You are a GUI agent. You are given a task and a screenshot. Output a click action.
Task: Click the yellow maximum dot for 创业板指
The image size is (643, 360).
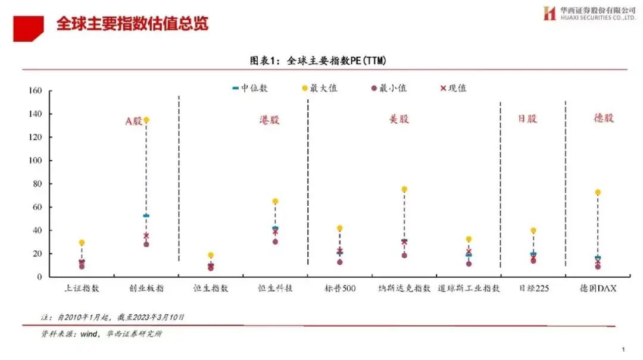click(x=146, y=120)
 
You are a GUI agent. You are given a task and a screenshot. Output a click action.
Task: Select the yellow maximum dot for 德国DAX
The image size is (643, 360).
click(x=597, y=192)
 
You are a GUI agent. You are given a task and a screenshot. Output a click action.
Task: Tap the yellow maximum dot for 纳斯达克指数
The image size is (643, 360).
click(x=404, y=189)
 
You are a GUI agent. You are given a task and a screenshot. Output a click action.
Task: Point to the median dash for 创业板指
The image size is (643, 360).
click(x=146, y=215)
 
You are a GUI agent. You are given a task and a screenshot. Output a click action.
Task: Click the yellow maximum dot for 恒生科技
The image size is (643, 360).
click(x=275, y=201)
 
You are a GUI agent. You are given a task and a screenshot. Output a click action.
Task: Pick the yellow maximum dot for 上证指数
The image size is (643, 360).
click(x=82, y=242)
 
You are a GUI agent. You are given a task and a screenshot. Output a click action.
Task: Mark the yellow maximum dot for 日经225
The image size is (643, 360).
click(x=533, y=230)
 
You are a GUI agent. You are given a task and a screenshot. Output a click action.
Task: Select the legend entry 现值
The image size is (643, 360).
click(x=453, y=88)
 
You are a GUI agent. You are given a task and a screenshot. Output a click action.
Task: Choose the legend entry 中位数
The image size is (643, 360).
click(x=250, y=88)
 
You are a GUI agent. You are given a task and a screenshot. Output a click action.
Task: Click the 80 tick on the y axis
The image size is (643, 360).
click(x=37, y=184)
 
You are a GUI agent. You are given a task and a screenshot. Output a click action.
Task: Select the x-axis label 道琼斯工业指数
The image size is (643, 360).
click(x=468, y=289)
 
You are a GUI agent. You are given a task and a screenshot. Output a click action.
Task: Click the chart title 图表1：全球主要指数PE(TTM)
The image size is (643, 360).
click(x=321, y=60)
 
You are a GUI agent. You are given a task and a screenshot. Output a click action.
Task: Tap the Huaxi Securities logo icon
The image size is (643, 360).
click(x=549, y=13)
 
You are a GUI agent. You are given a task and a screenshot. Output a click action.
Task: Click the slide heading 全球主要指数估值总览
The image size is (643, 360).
click(x=132, y=24)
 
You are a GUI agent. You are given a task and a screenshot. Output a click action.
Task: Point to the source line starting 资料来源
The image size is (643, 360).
click(x=101, y=334)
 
